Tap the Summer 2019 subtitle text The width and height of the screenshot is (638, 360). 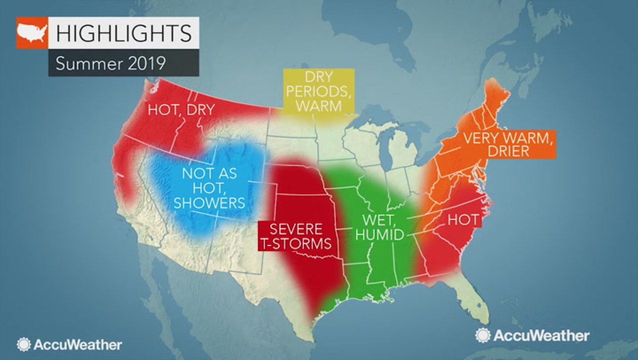click(110, 64)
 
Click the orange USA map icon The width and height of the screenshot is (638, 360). click(31, 33)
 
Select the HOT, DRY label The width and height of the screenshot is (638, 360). click(180, 110)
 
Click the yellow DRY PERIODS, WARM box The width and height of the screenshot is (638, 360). click(318, 91)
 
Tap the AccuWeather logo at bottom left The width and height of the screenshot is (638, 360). click(69, 344)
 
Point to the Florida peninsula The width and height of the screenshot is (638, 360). click(474, 300)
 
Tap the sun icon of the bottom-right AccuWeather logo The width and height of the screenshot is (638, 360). click(483, 335)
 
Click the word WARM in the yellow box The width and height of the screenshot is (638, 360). click(318, 106)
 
